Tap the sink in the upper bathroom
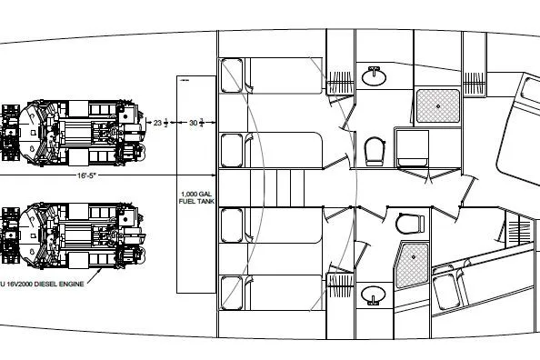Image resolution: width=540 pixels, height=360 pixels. click(x=374, y=76)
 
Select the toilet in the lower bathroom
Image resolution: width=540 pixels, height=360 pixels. click(x=409, y=222)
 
